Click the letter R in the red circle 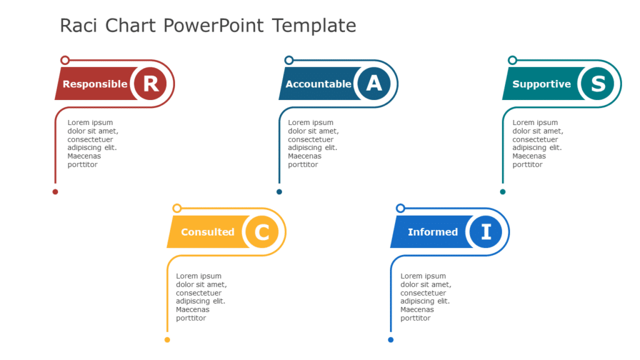(151, 84)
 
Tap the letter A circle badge (374, 84)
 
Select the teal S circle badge (597, 84)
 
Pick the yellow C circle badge (262, 232)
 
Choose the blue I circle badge (486, 232)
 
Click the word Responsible (95, 84)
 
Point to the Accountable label (318, 84)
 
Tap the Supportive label (541, 84)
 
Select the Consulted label (207, 232)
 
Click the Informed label (432, 232)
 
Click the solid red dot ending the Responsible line (55, 192)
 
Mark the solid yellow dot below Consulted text (167, 340)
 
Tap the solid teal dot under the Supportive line (502, 192)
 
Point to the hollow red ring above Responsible (65, 60)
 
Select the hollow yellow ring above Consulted (177, 208)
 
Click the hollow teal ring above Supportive (512, 60)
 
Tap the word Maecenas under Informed (417, 309)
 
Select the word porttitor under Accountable (303, 164)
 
